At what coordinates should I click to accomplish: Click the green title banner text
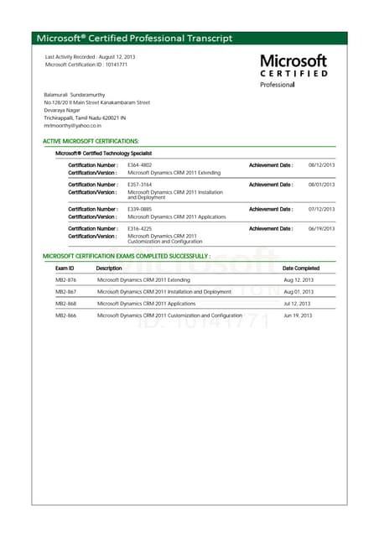point(134,38)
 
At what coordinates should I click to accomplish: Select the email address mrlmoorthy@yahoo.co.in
point(73,125)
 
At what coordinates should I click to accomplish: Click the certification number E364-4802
point(139,164)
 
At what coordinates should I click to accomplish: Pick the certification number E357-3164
point(139,184)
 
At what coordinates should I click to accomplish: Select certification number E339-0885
point(139,209)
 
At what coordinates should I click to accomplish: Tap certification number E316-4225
point(139,228)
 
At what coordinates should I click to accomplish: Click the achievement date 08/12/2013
point(321,164)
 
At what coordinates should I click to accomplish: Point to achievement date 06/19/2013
point(321,228)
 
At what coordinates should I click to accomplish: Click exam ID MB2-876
point(66,279)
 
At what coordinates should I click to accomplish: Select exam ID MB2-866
point(66,315)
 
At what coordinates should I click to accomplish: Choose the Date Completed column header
point(301,268)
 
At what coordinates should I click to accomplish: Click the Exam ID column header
point(65,268)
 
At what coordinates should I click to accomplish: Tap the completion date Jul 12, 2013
point(297,303)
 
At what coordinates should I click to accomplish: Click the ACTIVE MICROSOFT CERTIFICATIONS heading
point(91,141)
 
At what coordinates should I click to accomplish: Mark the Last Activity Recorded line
point(90,56)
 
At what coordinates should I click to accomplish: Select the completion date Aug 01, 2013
point(299,291)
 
